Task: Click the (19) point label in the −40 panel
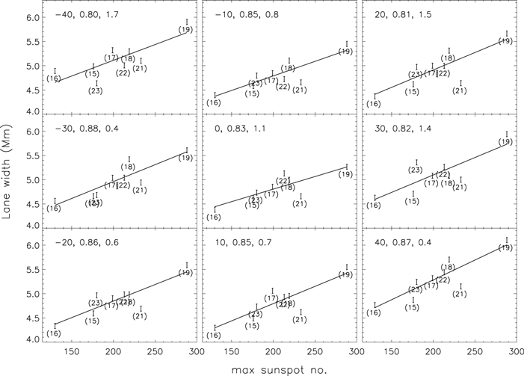tap(186, 30)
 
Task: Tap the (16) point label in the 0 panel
tap(213, 217)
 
